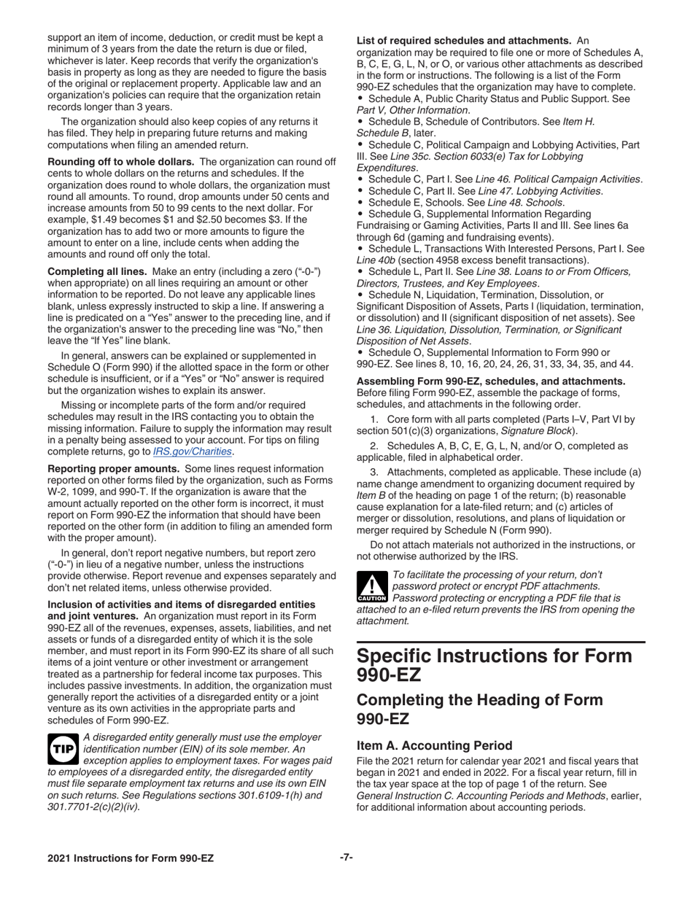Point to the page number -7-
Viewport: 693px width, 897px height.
tap(346, 858)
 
